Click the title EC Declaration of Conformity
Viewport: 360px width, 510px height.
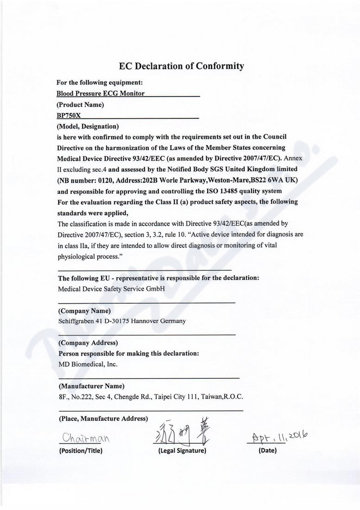coord(181,66)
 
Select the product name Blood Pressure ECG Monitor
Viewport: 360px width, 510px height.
coord(101,94)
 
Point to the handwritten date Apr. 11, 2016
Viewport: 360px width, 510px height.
coord(279,437)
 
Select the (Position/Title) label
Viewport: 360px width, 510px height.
coord(81,451)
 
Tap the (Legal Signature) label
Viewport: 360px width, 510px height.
coord(182,451)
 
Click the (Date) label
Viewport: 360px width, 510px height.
coord(267,450)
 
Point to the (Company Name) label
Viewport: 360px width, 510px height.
coord(84,310)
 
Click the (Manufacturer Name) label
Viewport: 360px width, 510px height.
coord(91,386)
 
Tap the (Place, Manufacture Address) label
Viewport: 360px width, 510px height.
coord(103,419)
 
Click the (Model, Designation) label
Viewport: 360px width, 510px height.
coord(88,126)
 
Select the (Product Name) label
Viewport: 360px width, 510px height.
coord(80,105)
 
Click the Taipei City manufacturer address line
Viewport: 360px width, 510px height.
coord(151,397)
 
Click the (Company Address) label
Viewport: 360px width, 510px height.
coord(88,343)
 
